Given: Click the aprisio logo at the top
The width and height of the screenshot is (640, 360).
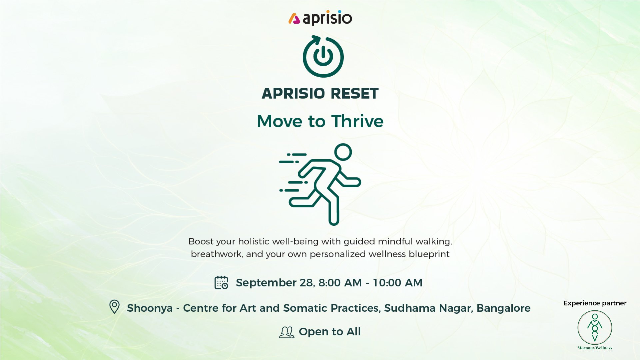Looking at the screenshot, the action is [320, 18].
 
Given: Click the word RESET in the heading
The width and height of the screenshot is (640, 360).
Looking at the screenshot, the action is [354, 94].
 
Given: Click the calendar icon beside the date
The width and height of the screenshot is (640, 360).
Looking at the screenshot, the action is [221, 282].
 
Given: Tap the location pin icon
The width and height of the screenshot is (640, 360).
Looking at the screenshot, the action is [114, 307].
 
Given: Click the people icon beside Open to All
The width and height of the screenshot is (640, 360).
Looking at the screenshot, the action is [287, 332].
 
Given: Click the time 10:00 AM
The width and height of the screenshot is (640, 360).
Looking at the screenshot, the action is [397, 283].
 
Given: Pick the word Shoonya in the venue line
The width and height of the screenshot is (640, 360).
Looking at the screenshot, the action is [150, 308].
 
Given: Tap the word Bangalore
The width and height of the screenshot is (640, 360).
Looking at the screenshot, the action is [503, 308].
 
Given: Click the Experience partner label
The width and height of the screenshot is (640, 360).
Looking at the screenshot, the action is [595, 303].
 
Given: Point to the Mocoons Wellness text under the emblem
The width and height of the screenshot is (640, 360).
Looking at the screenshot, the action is [595, 348].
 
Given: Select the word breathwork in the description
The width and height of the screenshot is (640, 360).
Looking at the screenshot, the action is [217, 254].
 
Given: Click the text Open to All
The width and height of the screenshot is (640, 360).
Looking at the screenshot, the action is [330, 332].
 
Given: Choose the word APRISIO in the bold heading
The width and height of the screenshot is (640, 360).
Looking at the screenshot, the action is [293, 94].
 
